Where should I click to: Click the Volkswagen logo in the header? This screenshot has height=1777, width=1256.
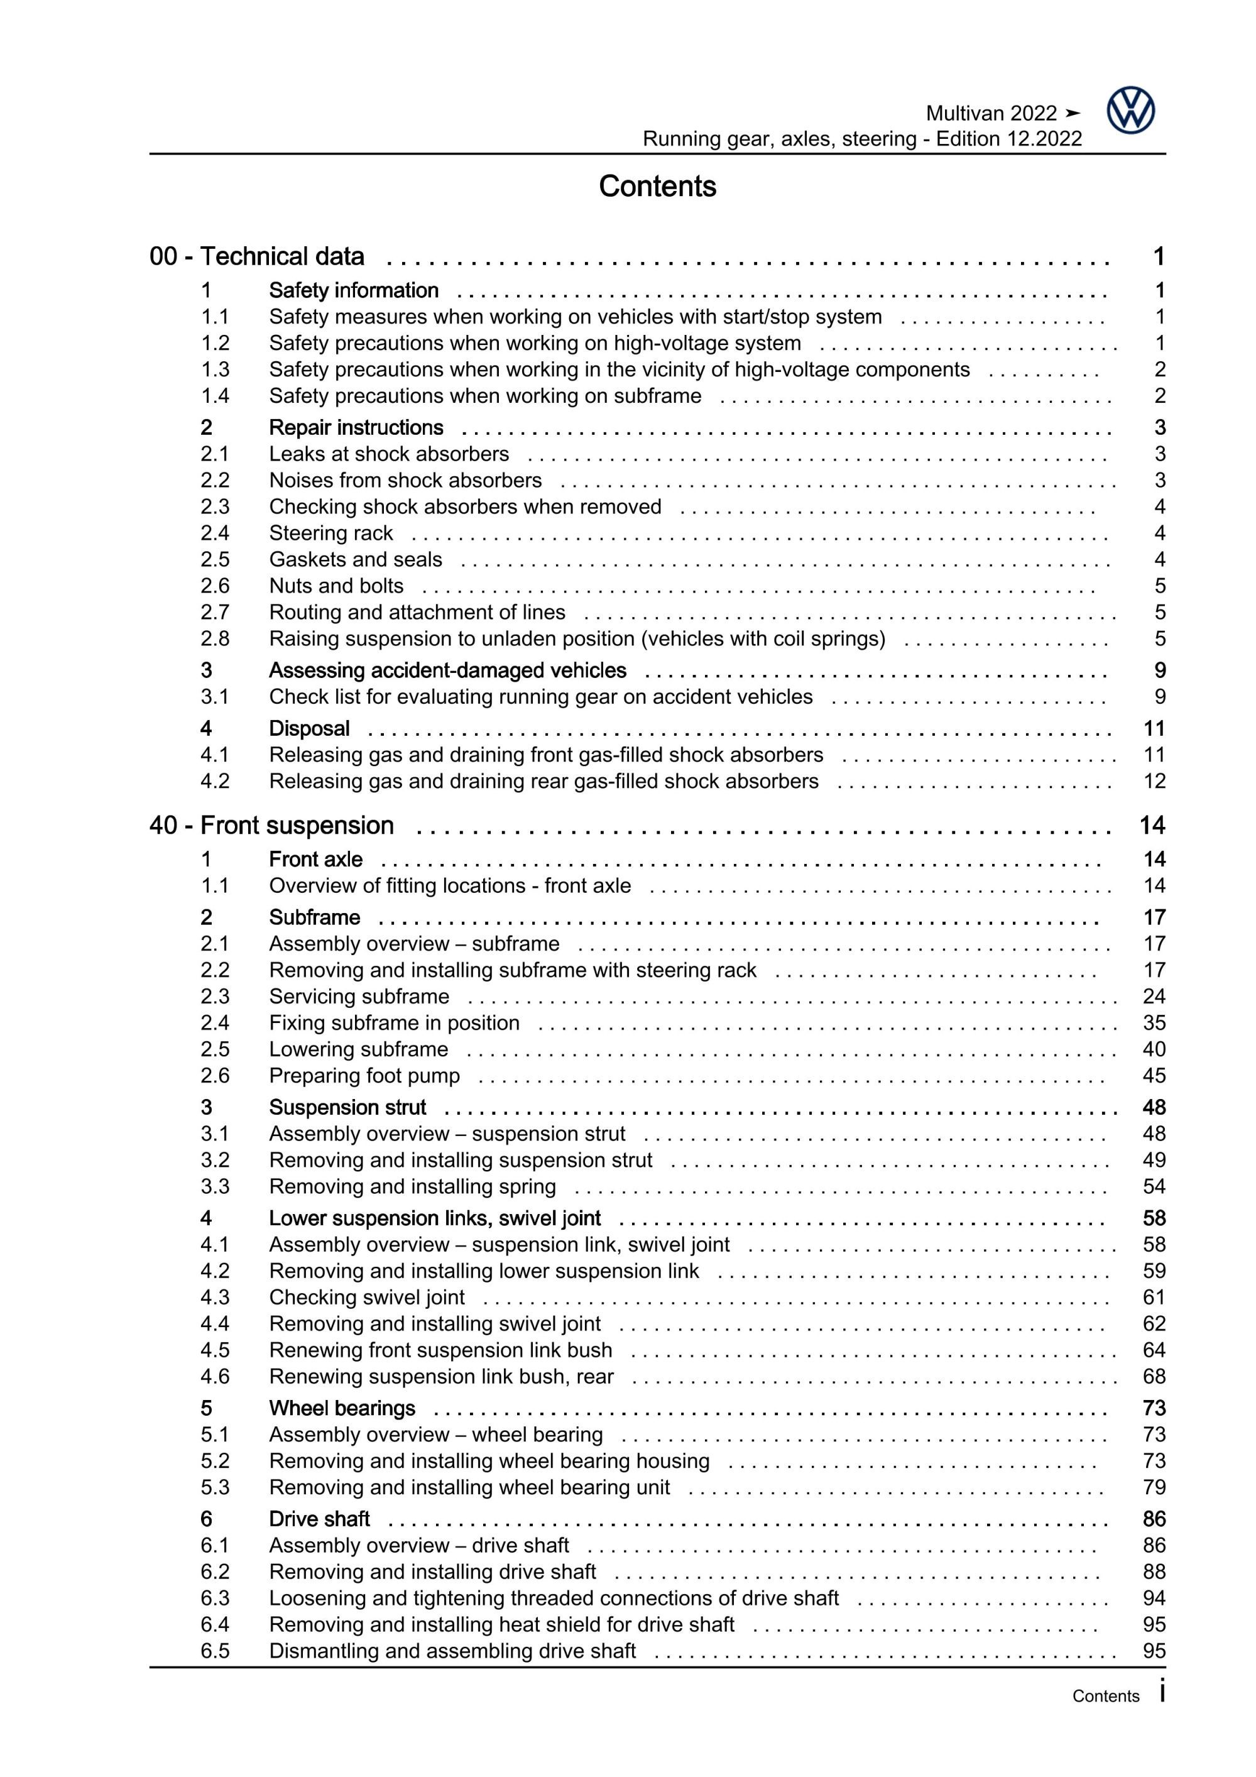tap(1130, 111)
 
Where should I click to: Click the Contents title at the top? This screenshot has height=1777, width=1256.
tap(657, 187)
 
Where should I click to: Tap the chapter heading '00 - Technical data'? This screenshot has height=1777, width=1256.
tap(257, 256)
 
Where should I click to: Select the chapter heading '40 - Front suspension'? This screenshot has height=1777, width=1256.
tap(271, 825)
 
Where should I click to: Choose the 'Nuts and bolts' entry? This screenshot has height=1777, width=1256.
tap(336, 585)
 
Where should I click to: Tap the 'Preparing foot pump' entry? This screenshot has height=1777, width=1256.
tap(364, 1075)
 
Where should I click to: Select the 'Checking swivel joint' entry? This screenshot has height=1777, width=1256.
tap(367, 1296)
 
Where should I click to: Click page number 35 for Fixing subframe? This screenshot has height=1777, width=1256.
tap(1154, 1022)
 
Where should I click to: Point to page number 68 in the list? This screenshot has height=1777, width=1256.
tap(1154, 1376)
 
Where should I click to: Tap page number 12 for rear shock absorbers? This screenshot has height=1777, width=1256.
tap(1154, 781)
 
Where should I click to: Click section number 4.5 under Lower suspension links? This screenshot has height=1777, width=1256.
tap(214, 1350)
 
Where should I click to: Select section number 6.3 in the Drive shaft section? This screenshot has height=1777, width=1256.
tap(214, 1597)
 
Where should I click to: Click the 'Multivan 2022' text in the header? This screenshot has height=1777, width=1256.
tap(991, 114)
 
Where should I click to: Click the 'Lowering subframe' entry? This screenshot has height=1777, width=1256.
tap(358, 1049)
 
